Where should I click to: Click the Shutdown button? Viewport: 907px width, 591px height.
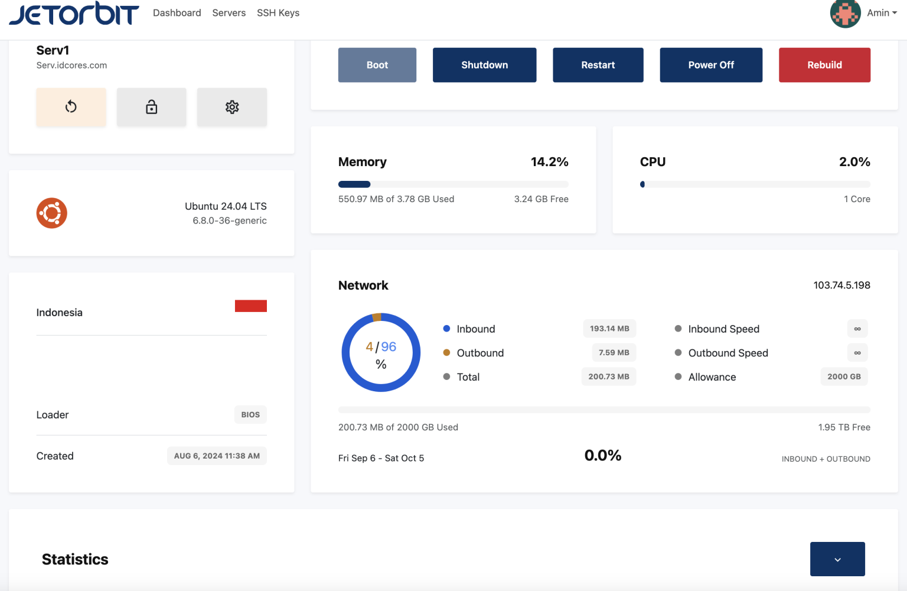484,65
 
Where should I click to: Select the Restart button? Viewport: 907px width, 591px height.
598,65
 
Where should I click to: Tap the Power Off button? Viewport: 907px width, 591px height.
710,65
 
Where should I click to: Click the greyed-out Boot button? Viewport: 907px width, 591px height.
377,65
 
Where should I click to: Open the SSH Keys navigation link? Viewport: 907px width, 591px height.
278,13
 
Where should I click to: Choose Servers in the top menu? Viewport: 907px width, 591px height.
229,13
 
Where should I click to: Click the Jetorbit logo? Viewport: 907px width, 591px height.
74,14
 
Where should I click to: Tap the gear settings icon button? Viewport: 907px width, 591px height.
231,107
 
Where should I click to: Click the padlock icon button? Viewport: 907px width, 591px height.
151,107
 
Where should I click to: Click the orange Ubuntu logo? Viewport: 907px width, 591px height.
52,213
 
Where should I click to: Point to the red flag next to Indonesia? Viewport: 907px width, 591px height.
250,306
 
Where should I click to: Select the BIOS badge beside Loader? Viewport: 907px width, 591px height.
250,415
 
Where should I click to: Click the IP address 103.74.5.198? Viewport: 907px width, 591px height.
841,285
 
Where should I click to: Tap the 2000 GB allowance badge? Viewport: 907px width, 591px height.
844,376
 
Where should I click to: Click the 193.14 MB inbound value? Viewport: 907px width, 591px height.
609,329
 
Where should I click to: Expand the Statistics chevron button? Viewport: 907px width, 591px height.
837,559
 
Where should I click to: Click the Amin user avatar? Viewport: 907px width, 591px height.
845,13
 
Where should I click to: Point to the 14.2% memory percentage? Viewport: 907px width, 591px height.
549,162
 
